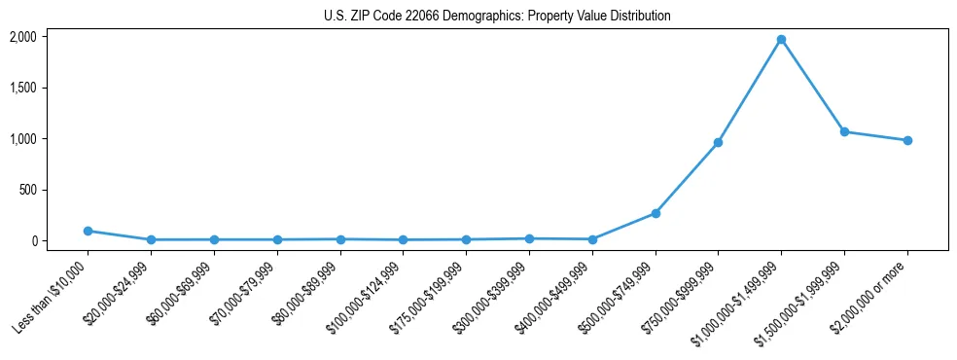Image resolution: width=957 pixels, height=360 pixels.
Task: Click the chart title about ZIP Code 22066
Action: click(x=497, y=17)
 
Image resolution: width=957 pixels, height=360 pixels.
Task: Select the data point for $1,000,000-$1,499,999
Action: click(x=781, y=40)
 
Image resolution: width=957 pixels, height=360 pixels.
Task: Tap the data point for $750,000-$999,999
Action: click(x=718, y=142)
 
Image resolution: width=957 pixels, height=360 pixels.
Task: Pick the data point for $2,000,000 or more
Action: click(x=907, y=140)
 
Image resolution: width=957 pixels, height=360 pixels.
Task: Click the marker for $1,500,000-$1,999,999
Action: click(x=844, y=131)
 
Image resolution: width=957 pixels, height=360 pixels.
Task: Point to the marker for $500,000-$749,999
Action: click(x=656, y=213)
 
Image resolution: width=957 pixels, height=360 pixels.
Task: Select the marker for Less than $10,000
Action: click(x=88, y=231)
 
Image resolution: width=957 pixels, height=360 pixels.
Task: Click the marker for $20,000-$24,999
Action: click(x=151, y=239)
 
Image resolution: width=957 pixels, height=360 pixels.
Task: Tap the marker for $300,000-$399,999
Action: click(x=529, y=238)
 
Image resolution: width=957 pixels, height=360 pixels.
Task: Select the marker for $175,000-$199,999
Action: click(x=466, y=239)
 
